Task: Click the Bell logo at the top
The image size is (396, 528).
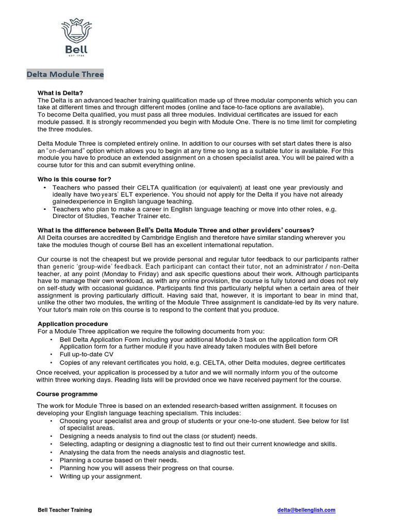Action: tap(75, 37)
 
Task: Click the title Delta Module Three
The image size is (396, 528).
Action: tap(65, 75)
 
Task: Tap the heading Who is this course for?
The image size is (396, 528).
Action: tap(74, 179)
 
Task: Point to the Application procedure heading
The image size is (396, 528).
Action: tap(73, 323)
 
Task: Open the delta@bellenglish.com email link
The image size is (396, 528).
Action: tap(306, 510)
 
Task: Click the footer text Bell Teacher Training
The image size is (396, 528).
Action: tap(65, 510)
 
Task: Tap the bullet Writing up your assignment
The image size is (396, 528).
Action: tap(101, 476)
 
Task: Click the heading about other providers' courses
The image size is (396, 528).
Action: tap(176, 230)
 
